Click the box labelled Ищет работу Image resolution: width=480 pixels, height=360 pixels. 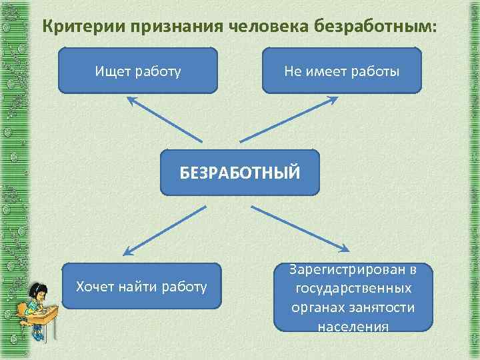click(x=138, y=69)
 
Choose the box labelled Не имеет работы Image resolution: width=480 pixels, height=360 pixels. click(x=342, y=69)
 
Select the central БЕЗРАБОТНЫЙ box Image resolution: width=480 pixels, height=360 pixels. click(x=240, y=172)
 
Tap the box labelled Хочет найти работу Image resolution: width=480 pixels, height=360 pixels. click(x=141, y=286)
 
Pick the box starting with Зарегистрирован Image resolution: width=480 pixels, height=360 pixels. click(x=354, y=297)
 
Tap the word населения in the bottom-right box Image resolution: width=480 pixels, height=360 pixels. click(x=354, y=327)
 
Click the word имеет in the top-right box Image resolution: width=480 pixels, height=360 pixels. click(x=327, y=69)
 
